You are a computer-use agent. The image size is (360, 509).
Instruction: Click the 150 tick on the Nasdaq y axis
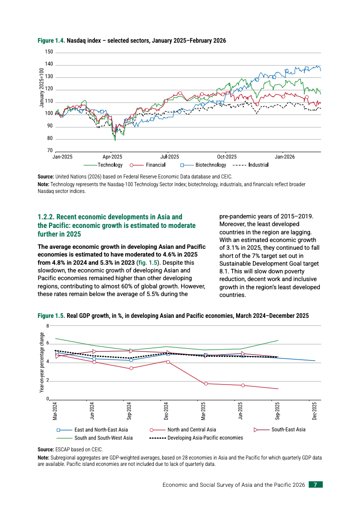49,53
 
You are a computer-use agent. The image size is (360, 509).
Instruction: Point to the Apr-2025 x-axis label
109,156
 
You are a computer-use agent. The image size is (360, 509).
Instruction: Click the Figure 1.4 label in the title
51,41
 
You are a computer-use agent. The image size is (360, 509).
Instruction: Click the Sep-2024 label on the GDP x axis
130,410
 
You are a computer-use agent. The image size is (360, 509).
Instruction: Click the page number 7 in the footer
316,485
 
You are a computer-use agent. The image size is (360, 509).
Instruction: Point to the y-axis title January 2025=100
42,87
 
